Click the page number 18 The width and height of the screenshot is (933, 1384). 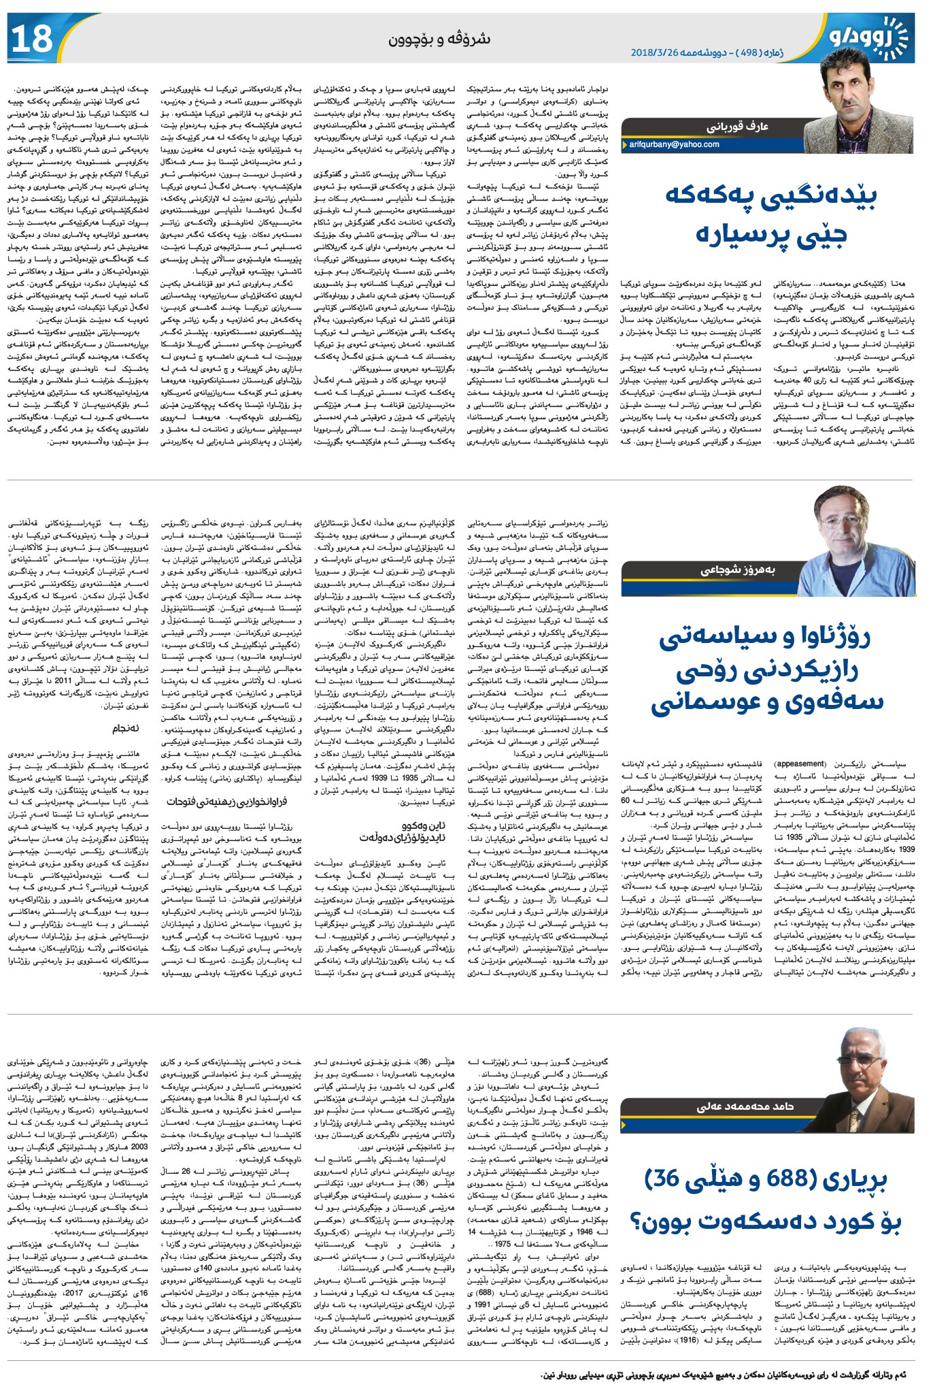tap(32, 38)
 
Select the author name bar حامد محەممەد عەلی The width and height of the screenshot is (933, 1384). tap(745, 1106)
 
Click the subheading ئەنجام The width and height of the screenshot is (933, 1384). tap(126, 728)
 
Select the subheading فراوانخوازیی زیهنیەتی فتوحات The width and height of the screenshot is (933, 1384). tap(226, 802)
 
